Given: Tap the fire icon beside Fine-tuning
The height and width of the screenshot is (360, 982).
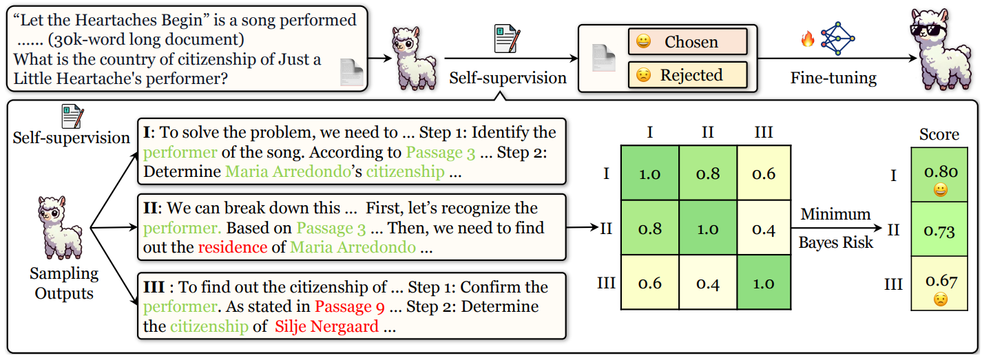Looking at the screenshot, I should (808, 39).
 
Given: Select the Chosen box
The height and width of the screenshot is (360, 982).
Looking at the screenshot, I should (687, 42).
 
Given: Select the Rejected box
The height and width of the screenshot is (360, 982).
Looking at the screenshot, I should (687, 74).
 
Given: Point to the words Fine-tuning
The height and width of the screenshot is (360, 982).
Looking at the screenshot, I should (833, 77).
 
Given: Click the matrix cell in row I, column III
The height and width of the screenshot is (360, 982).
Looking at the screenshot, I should (764, 173).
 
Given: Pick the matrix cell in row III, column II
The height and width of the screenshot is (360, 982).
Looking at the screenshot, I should (707, 283).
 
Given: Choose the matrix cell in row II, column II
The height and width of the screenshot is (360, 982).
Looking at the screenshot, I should (707, 228).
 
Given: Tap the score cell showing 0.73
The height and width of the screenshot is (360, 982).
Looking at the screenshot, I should (939, 230).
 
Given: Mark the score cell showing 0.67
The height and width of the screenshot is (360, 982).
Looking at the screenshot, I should (939, 287).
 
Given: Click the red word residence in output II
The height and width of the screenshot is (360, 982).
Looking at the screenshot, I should (232, 246).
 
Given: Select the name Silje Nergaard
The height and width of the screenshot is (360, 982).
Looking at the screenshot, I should (326, 326).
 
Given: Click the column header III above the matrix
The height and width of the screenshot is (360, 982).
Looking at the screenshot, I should (764, 131).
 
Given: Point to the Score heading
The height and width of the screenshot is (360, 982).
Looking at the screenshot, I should (939, 134).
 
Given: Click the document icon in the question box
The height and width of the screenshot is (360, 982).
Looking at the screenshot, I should (353, 72).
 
